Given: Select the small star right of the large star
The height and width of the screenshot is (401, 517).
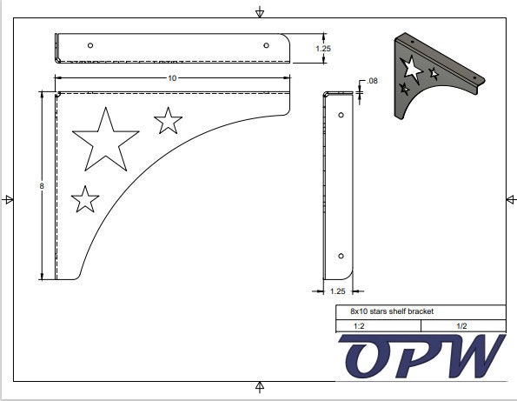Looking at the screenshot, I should pyautogui.click(x=168, y=121).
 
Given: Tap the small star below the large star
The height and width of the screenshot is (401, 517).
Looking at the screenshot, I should pyautogui.click(x=84, y=199).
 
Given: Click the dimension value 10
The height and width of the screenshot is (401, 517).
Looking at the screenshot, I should pyautogui.click(x=172, y=78).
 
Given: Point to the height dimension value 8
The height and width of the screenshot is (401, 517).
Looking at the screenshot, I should pyautogui.click(x=41, y=186).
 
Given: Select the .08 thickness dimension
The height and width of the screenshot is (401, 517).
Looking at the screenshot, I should pyautogui.click(x=373, y=81).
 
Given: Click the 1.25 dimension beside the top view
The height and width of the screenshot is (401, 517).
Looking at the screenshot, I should pyautogui.click(x=322, y=49).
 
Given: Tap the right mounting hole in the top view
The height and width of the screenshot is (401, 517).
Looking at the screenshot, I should pyautogui.click(x=266, y=44).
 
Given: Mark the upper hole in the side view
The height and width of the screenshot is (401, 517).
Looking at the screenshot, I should pyautogui.click(x=341, y=115).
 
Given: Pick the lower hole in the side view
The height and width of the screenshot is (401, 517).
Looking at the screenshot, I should pyautogui.click(x=341, y=256).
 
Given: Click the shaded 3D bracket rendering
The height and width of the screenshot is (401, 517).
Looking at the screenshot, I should pyautogui.click(x=434, y=74).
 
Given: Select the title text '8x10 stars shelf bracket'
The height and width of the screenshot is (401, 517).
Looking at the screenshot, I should pyautogui.click(x=392, y=311).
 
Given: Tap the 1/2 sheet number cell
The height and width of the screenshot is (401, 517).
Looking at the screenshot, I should pyautogui.click(x=461, y=325).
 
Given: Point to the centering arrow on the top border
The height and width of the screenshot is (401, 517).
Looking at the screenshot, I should pyautogui.click(x=259, y=12).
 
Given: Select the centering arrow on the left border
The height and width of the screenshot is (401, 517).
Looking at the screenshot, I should pyautogui.click(x=8, y=199).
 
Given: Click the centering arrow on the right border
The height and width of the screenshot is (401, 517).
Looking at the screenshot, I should pyautogui.click(x=511, y=199).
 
